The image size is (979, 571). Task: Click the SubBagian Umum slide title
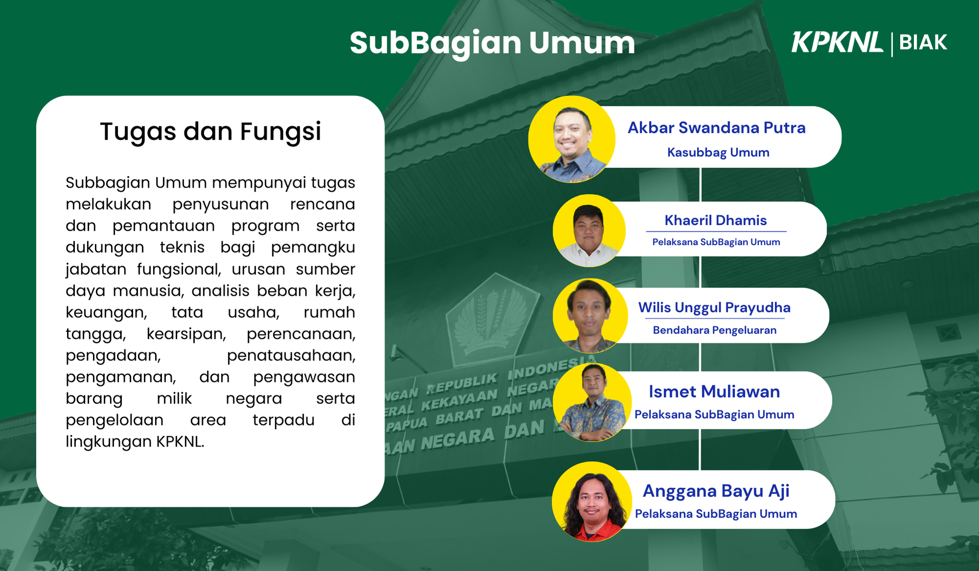(x=492, y=43)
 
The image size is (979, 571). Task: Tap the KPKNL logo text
(x=838, y=42)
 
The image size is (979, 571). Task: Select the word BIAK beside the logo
(x=923, y=43)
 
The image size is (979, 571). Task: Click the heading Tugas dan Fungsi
(x=210, y=131)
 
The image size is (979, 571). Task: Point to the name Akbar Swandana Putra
(x=717, y=127)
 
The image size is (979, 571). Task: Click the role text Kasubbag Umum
(x=718, y=152)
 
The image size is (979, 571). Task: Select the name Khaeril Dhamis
(x=716, y=220)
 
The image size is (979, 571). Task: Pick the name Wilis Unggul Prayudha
(x=714, y=308)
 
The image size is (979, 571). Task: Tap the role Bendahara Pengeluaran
(x=715, y=330)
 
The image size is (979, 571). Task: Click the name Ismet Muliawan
(x=714, y=392)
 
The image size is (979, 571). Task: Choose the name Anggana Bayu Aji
(x=716, y=491)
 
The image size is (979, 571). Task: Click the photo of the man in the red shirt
(x=592, y=501)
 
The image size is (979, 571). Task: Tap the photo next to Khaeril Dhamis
(x=589, y=231)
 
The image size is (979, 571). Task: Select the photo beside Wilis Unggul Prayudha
(x=590, y=316)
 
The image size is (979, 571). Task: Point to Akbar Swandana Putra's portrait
(x=572, y=139)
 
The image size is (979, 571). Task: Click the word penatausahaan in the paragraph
(x=291, y=356)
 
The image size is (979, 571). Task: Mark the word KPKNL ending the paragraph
(x=180, y=442)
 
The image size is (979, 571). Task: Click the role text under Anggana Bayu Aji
(x=716, y=514)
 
